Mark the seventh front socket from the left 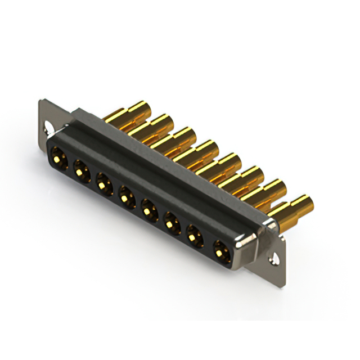[x=195, y=237]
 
